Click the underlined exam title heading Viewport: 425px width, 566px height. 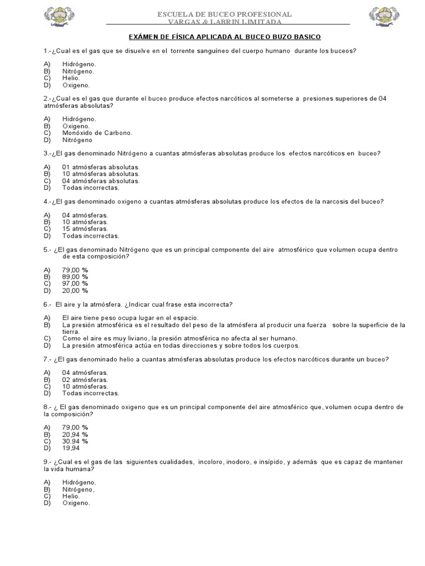click(x=225, y=36)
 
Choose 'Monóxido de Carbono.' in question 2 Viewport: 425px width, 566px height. click(x=97, y=133)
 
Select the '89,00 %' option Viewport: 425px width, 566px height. click(x=75, y=276)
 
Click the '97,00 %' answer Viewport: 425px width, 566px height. click(x=75, y=284)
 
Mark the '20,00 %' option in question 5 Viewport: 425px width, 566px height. click(x=75, y=290)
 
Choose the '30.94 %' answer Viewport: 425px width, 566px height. click(x=75, y=441)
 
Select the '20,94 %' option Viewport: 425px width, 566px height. click(x=75, y=434)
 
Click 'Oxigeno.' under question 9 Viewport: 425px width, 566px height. click(x=76, y=503)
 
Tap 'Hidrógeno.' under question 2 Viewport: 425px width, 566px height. click(x=79, y=119)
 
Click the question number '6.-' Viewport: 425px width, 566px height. click(x=48, y=305)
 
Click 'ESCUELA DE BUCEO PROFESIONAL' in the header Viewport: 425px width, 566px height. click(x=225, y=14)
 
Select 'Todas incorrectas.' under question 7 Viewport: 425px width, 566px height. click(x=90, y=393)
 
